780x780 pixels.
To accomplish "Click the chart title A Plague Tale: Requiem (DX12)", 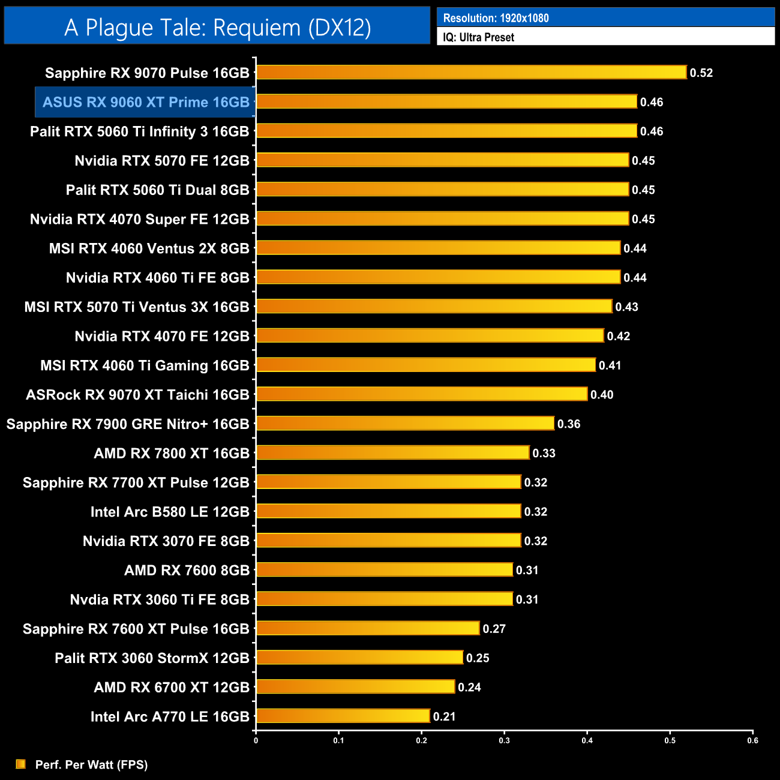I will coord(217,28).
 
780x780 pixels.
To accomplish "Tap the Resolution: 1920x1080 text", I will coord(496,18).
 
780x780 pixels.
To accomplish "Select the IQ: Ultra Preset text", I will coord(478,37).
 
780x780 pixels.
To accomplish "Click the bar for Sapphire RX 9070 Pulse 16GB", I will coord(471,73).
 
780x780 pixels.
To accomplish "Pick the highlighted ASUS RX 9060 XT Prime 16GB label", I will coord(146,102).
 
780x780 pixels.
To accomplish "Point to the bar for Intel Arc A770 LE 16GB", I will coord(343,716).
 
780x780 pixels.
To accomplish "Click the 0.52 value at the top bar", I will coord(701,73).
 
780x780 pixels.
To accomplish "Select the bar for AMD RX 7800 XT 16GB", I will coord(392,452).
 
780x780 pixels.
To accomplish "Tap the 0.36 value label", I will coord(568,424).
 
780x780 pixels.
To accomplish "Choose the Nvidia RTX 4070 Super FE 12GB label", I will coord(139,219).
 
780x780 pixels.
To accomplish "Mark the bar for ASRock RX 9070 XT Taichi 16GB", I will coord(422,394).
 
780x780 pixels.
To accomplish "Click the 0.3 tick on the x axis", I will coord(504,740).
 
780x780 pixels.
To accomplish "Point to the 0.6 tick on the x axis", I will coord(752,740).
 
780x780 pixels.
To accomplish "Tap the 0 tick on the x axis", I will coord(256,740).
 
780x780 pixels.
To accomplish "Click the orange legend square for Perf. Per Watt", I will coord(21,764).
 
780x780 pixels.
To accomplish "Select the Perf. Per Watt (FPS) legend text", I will coord(91,764).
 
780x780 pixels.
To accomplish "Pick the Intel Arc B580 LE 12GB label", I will coord(169,512).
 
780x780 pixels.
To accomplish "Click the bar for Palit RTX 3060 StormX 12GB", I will coord(359,658).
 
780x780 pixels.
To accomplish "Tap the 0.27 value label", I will coord(494,629).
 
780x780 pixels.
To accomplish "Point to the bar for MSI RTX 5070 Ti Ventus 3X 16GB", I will coord(434,306).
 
